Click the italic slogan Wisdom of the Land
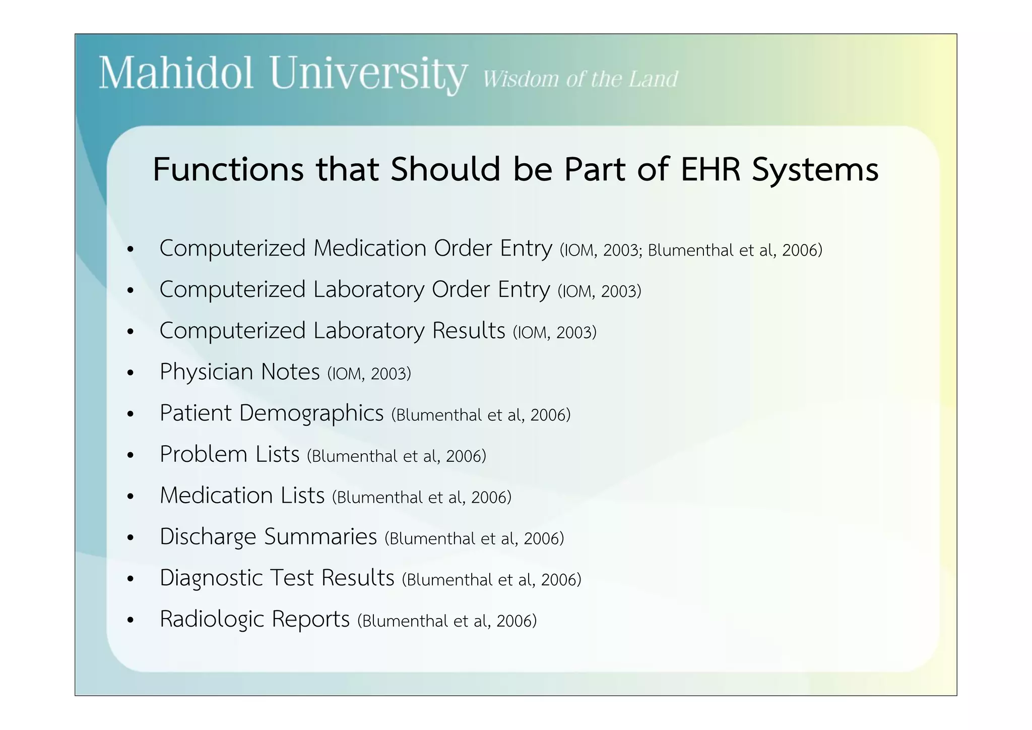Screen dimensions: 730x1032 pos(580,79)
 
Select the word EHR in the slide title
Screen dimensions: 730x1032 pos(711,169)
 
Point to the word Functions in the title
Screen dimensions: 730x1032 pos(228,169)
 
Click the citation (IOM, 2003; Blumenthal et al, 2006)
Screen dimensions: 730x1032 pos(691,250)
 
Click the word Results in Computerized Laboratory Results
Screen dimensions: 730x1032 pos(469,331)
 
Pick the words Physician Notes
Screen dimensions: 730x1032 pos(239,372)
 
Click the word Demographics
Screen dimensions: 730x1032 pos(311,413)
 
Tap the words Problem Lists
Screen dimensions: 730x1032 pos(229,454)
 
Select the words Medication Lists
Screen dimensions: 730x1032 pos(242,496)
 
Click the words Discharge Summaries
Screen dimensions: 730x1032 pos(268,537)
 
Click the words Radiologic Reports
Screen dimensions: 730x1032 pos(254,619)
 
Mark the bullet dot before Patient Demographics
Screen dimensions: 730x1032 pos(131,414)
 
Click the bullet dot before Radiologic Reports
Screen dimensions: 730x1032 pos(131,621)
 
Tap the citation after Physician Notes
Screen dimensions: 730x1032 pos(369,374)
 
